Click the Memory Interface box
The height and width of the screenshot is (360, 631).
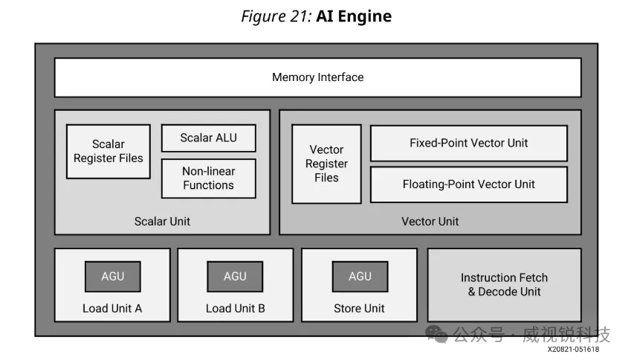click(317, 77)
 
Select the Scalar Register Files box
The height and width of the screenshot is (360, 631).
click(109, 151)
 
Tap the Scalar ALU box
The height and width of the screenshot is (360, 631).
click(208, 138)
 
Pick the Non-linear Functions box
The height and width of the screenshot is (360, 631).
click(208, 178)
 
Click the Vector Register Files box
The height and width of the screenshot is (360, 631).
click(326, 164)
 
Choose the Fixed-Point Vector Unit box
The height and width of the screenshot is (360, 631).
click(468, 143)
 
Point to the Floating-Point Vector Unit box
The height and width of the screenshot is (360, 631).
click(468, 184)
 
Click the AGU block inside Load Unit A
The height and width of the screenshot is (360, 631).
click(112, 277)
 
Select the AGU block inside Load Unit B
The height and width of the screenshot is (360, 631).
click(235, 277)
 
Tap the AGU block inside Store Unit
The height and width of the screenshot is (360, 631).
click(360, 277)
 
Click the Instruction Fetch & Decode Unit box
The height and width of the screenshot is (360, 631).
click(504, 285)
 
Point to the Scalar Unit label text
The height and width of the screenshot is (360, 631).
click(162, 221)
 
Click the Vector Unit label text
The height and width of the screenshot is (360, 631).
click(430, 221)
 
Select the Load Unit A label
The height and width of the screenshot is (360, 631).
click(112, 308)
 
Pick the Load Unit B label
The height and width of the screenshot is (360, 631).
click(235, 308)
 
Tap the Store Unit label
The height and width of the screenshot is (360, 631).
click(359, 308)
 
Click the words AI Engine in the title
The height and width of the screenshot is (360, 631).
click(354, 16)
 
